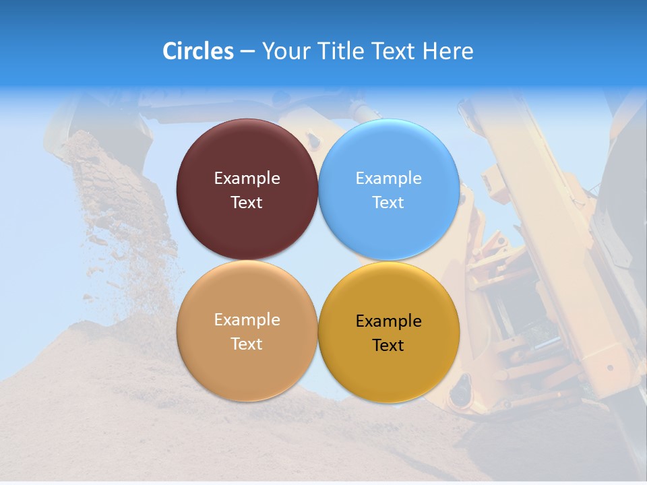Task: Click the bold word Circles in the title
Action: (197, 51)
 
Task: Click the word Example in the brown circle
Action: (247, 179)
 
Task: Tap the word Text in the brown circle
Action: (247, 202)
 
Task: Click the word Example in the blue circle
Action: (389, 179)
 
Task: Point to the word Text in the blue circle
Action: (389, 202)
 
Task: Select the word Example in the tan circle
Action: (247, 320)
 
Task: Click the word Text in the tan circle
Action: (247, 344)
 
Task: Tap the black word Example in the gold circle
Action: (389, 321)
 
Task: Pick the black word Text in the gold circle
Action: (389, 345)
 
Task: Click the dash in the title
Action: (247, 52)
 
